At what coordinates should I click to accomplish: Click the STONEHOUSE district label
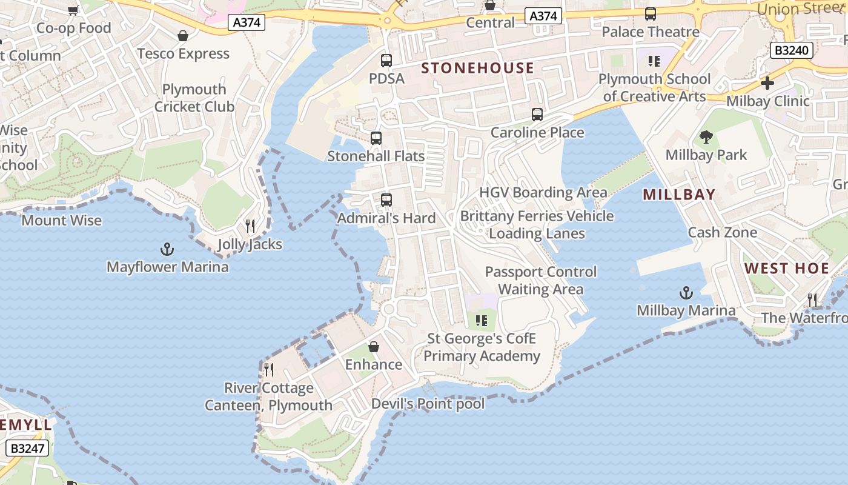[478, 68]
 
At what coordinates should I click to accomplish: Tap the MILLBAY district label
[679, 195]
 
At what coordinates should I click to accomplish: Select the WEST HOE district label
[786, 269]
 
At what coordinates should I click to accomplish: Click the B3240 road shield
[792, 50]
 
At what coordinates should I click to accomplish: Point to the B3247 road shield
[27, 449]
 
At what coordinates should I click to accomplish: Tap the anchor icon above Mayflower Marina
[167, 249]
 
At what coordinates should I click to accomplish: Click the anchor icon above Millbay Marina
[686, 293]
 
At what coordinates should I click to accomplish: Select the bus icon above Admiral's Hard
[386, 199]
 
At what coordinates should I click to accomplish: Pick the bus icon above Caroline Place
[537, 115]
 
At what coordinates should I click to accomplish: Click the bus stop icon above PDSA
[386, 61]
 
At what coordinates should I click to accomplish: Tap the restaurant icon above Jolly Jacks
[250, 226]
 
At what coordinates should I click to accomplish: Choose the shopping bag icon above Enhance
[374, 347]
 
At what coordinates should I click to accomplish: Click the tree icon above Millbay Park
[706, 137]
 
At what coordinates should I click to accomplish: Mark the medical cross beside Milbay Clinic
[767, 83]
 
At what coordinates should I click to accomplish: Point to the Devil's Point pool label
[428, 404]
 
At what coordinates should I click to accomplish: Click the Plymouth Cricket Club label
[194, 98]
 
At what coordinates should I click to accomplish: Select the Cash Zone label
[722, 232]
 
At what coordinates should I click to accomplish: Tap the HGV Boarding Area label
[543, 192]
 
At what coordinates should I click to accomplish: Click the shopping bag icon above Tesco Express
[183, 36]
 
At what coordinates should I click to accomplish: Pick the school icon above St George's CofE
[482, 320]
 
